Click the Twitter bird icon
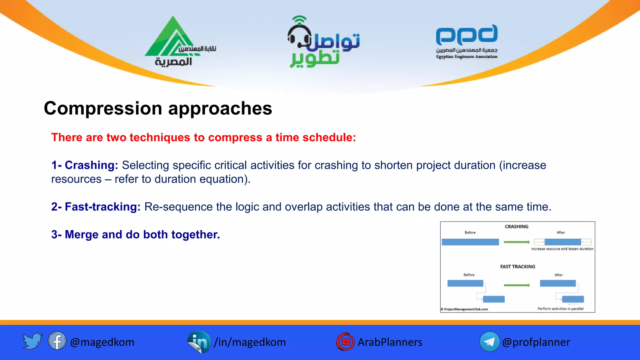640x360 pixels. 32,341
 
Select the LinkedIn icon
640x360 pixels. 199,342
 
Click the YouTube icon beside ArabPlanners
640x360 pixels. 345,342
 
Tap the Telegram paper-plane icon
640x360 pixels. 489,342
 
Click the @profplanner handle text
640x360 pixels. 536,342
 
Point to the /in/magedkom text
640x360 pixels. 250,342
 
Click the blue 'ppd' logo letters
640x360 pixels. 467,35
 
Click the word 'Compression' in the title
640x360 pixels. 103,108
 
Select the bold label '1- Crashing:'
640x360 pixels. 85,165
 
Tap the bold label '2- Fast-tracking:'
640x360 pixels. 96,207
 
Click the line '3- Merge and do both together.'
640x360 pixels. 136,234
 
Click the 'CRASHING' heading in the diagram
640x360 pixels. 516,227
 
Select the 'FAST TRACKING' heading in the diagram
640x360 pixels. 517,267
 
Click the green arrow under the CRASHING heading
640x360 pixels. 517,242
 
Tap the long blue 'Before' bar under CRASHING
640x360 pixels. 470,242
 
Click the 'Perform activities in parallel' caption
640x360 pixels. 560,309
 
